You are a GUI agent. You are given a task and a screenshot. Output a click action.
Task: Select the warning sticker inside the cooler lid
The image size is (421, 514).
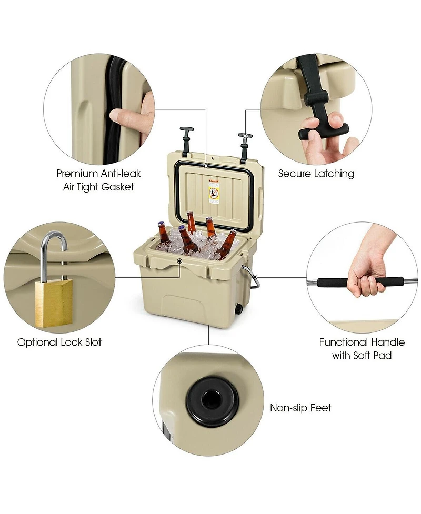(214, 192)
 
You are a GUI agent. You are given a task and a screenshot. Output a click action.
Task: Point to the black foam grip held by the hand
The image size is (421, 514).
(360, 282)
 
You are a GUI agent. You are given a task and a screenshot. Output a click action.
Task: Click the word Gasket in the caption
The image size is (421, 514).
(117, 187)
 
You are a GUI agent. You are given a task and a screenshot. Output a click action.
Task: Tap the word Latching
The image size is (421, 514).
(335, 174)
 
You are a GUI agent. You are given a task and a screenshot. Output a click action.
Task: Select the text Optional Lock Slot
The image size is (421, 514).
(59, 342)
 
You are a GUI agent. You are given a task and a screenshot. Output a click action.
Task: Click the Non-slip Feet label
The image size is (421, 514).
(300, 408)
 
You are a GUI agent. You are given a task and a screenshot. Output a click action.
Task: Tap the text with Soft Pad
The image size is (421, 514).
(362, 356)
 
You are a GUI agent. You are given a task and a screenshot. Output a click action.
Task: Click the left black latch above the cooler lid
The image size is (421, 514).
(186, 141)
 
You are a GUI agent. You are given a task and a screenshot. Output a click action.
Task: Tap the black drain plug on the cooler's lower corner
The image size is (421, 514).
(239, 309)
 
